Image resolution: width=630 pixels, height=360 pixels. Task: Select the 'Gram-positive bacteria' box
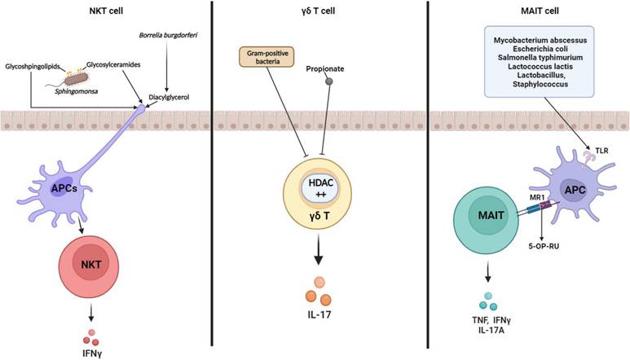click(264, 58)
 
